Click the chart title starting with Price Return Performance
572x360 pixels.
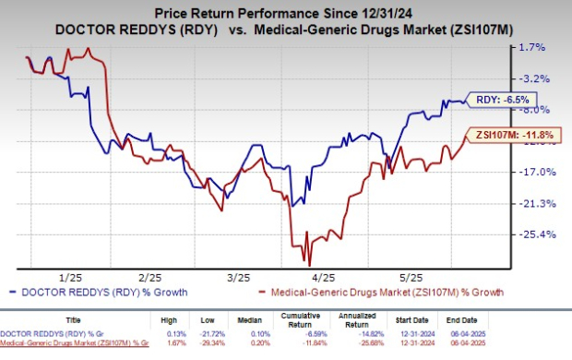point(286,11)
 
